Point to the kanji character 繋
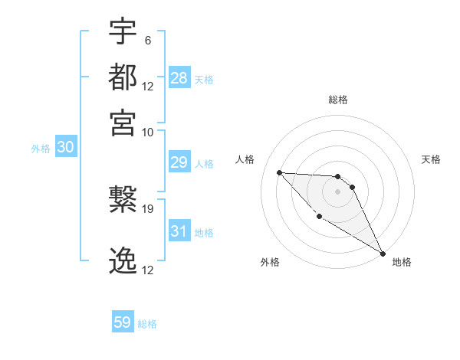coord(123,200)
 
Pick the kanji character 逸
coord(123,261)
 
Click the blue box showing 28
coord(179,77)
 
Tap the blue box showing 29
coord(179,162)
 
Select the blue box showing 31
coord(179,231)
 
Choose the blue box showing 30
coord(66,148)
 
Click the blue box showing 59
coord(123,322)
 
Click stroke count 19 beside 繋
coord(148,208)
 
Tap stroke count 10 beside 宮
coord(148,131)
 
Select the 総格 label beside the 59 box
coord(147,324)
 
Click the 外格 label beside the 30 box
coord(41,149)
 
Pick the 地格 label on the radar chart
coord(402,262)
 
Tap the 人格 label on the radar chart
coord(245,159)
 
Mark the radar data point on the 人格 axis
coord(280,172)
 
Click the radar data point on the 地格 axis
coord(383,254)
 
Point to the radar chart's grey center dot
coord(337,191)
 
